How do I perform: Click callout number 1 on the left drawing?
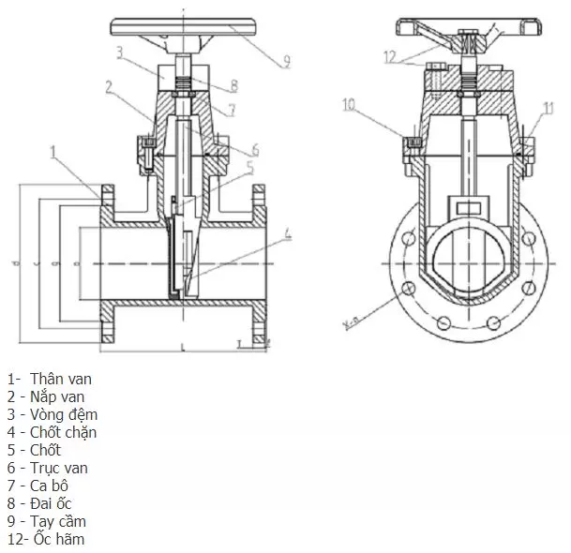(54, 150)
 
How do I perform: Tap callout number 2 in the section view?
(110, 87)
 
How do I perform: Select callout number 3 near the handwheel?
(120, 52)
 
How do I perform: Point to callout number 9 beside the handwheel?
(286, 62)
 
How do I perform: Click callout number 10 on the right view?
(350, 104)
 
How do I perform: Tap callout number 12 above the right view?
(391, 55)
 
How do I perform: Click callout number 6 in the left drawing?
(254, 150)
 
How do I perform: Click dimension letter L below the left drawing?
(181, 348)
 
